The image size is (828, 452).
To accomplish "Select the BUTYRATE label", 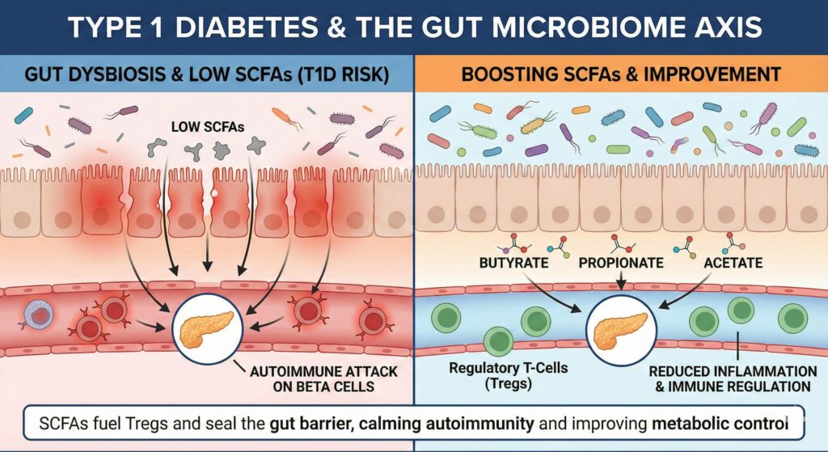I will [x=515, y=263].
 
